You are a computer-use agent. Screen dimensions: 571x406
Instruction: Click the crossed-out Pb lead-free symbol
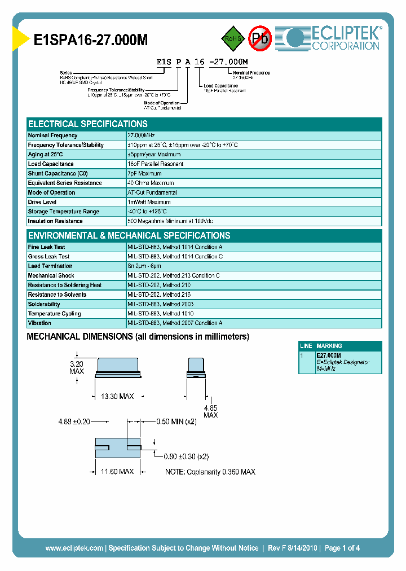[260, 38]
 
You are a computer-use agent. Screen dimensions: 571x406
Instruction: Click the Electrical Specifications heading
[88, 124]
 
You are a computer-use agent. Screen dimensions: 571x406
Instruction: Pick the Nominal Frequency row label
[53, 135]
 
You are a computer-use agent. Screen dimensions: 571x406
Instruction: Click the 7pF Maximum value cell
[145, 174]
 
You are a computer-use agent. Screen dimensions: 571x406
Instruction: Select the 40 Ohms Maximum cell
[151, 183]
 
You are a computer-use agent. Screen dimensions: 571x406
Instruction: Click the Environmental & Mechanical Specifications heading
[129, 236]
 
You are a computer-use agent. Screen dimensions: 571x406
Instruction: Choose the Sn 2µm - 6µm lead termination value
[144, 266]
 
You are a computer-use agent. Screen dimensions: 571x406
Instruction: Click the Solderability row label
[44, 304]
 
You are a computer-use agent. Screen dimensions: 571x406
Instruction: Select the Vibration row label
[39, 323]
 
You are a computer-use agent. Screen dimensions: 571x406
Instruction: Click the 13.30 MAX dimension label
[117, 397]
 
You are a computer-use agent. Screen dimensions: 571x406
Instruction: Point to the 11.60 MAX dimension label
[117, 471]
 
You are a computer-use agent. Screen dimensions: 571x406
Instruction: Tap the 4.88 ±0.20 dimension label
[74, 421]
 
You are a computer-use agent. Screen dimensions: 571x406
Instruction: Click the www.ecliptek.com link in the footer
[74, 548]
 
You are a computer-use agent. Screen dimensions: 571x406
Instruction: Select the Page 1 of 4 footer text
[342, 548]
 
